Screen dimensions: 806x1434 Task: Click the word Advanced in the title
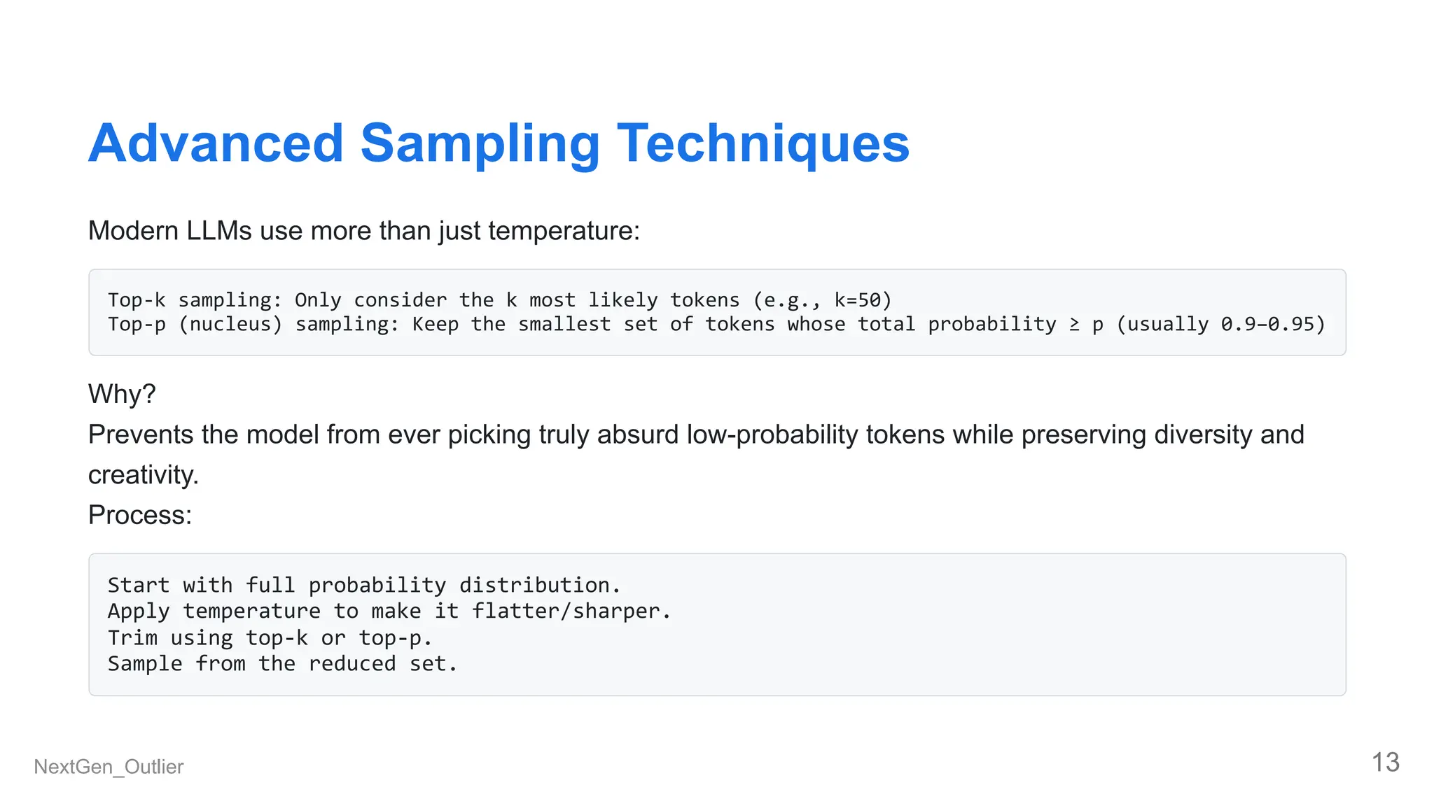(216, 143)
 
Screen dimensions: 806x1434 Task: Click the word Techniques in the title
(763, 143)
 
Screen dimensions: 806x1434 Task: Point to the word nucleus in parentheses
(230, 324)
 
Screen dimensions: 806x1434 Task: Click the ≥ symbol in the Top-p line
(1074, 325)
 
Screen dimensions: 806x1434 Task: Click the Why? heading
(122, 394)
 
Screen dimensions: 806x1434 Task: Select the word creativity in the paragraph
(142, 475)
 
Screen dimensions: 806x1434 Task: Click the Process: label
(140, 515)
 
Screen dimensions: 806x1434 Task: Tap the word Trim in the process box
(132, 637)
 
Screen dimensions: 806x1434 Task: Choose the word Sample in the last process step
(145, 663)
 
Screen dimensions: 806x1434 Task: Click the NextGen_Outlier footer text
(109, 767)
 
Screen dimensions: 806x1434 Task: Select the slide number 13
(1385, 763)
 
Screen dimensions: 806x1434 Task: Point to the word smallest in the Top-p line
(564, 324)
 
